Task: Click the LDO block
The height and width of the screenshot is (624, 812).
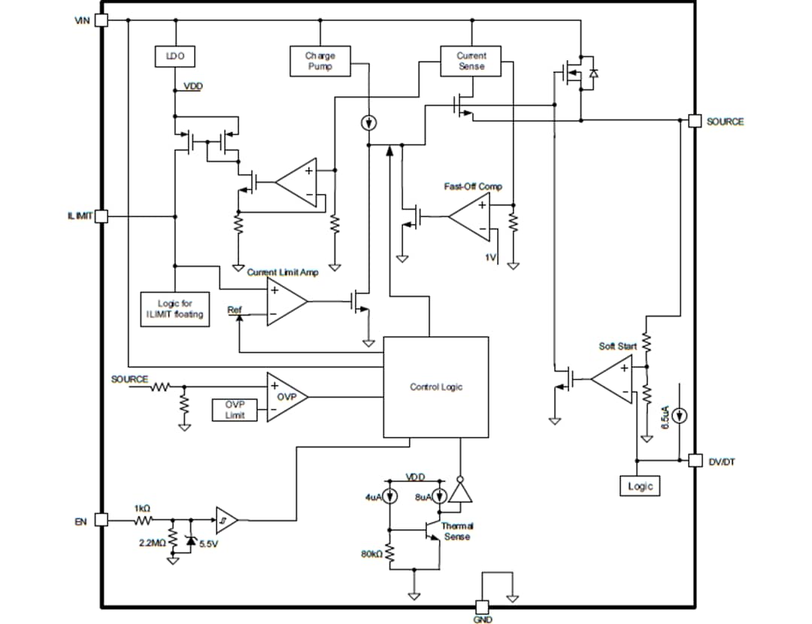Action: [x=174, y=56]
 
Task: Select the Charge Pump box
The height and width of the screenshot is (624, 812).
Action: [x=320, y=61]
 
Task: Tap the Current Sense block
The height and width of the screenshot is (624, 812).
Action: [x=471, y=61]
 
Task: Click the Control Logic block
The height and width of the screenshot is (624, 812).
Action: [x=435, y=387]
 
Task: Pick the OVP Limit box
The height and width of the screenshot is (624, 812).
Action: [x=235, y=410]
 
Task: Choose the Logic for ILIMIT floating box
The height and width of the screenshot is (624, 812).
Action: [x=174, y=308]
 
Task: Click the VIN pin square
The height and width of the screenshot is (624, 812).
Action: [x=101, y=20]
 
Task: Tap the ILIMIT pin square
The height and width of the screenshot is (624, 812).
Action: [x=101, y=217]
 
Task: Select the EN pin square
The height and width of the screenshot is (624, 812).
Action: [x=101, y=520]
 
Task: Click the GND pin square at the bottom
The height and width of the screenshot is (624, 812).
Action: [x=482, y=607]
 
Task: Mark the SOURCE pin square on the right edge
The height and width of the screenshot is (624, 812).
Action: [x=695, y=121]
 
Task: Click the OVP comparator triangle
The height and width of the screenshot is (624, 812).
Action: [x=285, y=396]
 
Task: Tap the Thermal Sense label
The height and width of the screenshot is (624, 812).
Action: [x=457, y=532]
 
